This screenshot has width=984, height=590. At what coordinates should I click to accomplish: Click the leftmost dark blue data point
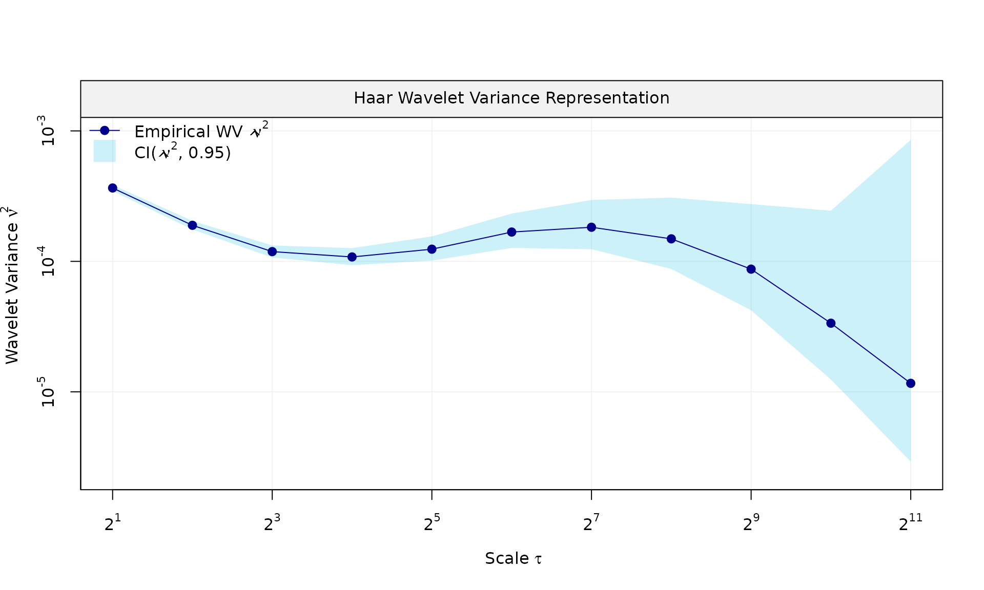(112, 188)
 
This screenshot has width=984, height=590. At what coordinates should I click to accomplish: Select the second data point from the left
(192, 225)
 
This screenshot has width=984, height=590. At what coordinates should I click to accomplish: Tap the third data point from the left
(272, 251)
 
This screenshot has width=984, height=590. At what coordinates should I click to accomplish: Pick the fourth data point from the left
(352, 257)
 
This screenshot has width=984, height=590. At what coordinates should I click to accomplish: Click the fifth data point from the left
(432, 249)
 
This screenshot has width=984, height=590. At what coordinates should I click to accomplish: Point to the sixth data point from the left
(511, 232)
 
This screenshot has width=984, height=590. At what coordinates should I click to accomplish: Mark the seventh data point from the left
(591, 227)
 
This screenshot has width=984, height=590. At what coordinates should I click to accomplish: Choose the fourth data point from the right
(671, 239)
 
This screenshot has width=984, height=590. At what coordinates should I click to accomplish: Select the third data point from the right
(751, 269)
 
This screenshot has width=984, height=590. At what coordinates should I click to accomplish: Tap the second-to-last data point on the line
(831, 323)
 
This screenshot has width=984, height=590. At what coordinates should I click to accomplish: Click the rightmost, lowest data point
(911, 383)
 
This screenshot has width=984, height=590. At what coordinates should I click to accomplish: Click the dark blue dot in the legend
(105, 131)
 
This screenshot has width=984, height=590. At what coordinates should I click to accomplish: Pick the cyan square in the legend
(105, 151)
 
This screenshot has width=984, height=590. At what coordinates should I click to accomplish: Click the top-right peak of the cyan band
(910, 141)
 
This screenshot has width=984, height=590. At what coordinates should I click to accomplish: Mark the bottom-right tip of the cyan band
(910, 460)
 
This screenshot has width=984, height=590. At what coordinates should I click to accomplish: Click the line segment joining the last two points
(871, 353)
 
